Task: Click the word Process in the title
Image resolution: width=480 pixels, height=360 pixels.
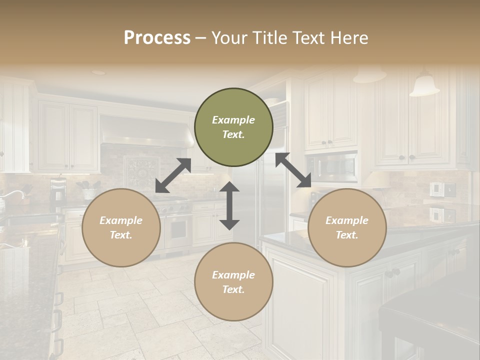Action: point(157,38)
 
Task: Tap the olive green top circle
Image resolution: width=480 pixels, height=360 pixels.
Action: point(233,127)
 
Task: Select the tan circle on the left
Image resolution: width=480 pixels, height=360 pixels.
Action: point(121,227)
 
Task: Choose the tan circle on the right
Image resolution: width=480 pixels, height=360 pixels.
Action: point(347,227)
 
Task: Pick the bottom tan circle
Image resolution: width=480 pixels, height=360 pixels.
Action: point(233,282)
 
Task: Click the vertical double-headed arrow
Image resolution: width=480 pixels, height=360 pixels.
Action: point(229,205)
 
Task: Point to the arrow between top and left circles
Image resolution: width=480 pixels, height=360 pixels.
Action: point(173,175)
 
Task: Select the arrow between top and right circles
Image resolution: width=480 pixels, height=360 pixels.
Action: point(293,170)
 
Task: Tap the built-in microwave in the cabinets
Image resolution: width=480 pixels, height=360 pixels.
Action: point(332,168)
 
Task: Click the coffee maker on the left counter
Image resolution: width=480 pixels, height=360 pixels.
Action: point(58,192)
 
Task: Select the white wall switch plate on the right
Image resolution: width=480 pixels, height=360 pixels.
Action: point(436,189)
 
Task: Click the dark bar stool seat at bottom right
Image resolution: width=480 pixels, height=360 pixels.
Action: point(430,310)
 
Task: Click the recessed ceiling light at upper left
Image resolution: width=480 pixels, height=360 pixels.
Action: point(99,72)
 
